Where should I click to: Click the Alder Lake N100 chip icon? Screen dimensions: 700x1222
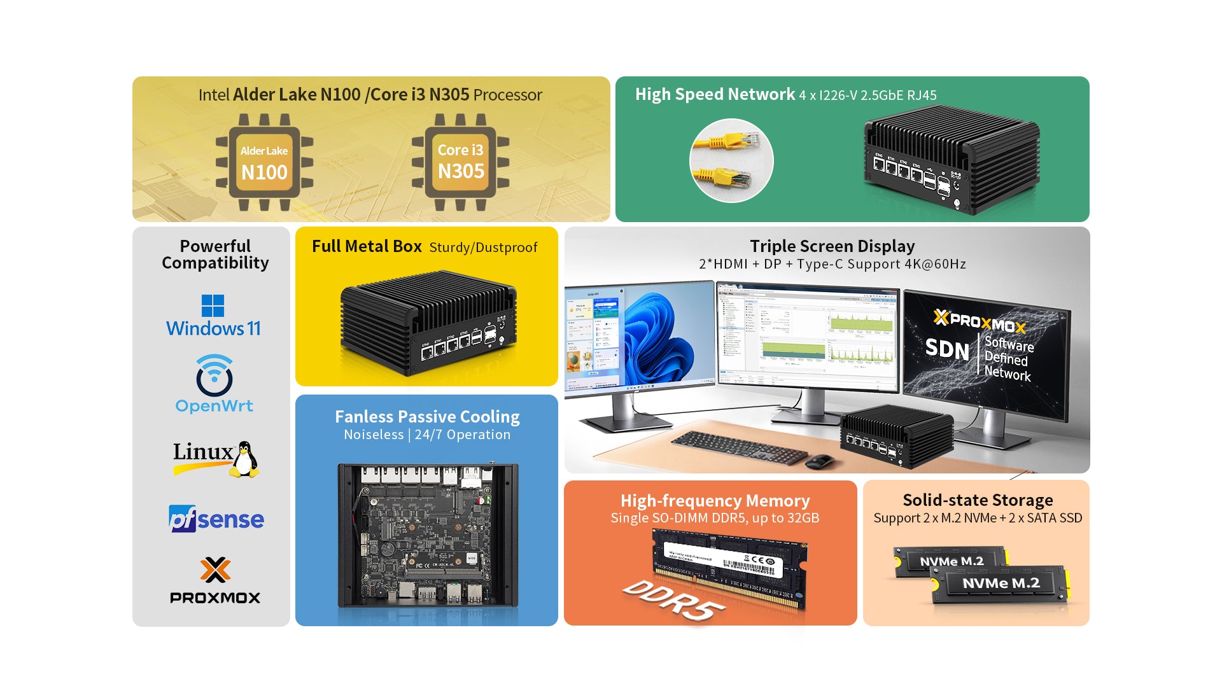(264, 162)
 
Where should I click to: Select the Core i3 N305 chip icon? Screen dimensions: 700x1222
(460, 162)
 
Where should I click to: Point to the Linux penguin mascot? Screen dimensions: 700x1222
(244, 459)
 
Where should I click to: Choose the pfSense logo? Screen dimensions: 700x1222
(216, 519)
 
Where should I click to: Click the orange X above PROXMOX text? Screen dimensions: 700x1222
(215, 570)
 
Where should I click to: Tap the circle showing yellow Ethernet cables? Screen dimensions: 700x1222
(731, 160)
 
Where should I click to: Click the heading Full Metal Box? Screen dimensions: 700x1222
(367, 246)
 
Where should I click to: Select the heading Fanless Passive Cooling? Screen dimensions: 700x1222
(427, 417)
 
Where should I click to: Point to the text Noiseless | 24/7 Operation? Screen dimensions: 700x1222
(427, 435)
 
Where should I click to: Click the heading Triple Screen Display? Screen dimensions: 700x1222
(832, 246)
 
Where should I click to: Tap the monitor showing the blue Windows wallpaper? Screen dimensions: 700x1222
(639, 337)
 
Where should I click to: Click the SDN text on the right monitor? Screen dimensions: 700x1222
(947, 349)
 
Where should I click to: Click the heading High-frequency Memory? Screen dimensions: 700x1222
(715, 501)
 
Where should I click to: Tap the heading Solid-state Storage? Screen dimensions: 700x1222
(978, 500)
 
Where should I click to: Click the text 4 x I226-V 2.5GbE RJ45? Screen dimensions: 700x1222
(867, 95)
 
